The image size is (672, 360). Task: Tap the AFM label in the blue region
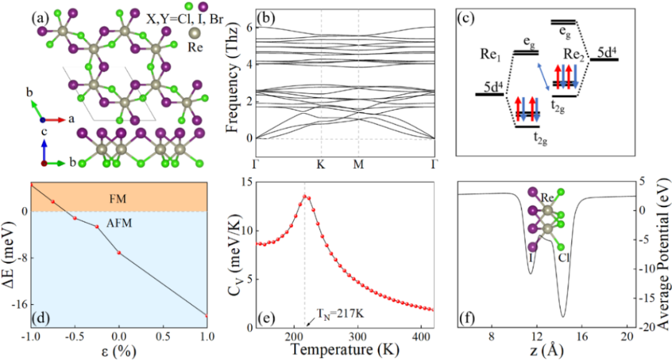coord(117,221)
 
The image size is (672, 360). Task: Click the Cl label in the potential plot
coord(568,255)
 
